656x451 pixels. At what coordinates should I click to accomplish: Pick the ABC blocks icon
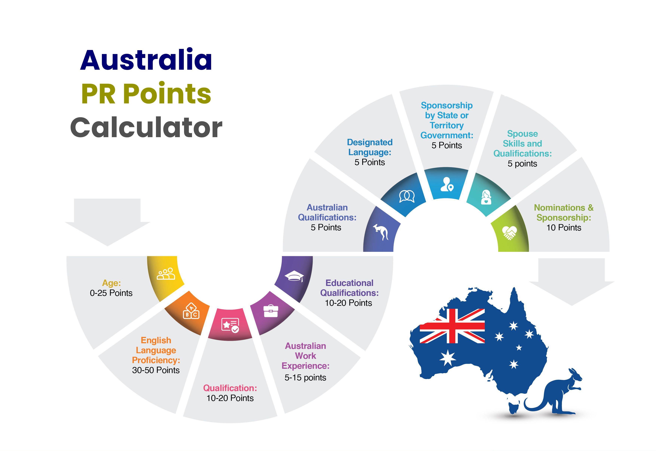(191, 312)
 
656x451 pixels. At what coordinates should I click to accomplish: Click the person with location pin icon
(447, 184)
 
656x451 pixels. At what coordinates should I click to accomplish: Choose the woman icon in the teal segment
(486, 197)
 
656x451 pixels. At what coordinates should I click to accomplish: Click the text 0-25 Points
(111, 293)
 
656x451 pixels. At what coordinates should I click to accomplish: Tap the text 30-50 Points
(156, 370)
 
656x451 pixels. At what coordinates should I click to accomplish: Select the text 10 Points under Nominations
(564, 228)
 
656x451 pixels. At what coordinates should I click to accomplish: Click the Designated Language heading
(370, 147)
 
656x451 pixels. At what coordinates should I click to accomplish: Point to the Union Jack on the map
(452, 326)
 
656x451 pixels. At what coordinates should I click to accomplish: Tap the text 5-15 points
(305, 378)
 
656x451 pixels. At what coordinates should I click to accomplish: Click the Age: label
(111, 283)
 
